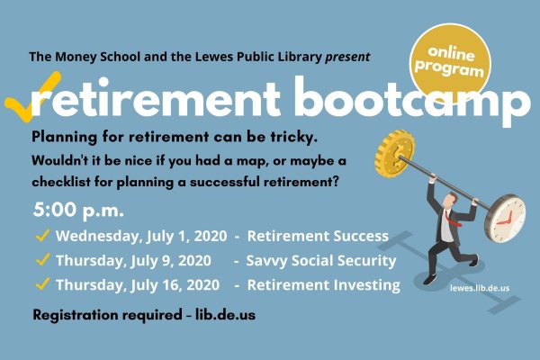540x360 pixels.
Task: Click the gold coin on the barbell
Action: pos(395,154)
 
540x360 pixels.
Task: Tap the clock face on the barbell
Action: pos(506,218)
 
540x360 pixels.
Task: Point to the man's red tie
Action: pos(452,219)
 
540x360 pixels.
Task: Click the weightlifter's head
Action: pos(449,201)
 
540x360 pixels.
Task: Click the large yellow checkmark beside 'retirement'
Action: pos(31,96)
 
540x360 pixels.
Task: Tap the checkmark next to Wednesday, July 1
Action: pos(42,235)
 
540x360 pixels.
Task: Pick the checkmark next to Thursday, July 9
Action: pos(42,259)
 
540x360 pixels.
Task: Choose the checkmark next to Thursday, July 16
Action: pos(42,283)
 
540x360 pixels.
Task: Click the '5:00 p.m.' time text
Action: pos(78,210)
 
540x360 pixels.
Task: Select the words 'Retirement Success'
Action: pos(318,236)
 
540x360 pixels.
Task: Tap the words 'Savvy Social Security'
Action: pos(321,261)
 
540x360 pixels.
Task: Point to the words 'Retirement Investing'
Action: pos(324,285)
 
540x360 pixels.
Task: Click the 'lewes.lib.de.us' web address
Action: pos(480,288)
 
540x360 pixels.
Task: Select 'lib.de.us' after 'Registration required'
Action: pos(226,314)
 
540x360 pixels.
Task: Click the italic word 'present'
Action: pos(347,57)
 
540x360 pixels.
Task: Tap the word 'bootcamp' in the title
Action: pos(412,99)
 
